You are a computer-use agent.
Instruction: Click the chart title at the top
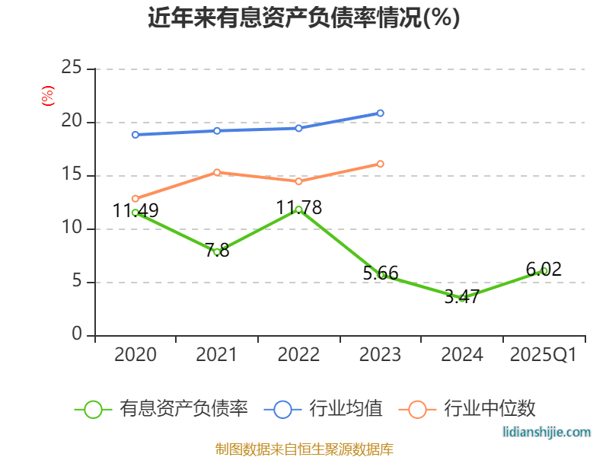(304, 18)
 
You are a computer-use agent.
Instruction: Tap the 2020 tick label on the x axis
(136, 355)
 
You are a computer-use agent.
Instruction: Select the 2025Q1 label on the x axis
(544, 355)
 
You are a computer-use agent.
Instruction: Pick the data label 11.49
(136, 211)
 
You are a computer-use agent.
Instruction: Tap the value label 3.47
(462, 297)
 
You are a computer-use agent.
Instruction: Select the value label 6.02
(544, 269)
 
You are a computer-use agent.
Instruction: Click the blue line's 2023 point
(381, 113)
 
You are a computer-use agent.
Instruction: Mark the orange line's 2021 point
(217, 172)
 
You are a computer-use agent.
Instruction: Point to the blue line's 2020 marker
(136, 135)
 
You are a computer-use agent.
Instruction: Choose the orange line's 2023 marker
(381, 164)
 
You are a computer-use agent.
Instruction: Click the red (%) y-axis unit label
(48, 96)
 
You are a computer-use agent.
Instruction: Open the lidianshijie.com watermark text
(547, 432)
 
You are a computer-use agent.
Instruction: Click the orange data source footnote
(304, 449)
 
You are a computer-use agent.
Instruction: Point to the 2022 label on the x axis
(299, 355)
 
